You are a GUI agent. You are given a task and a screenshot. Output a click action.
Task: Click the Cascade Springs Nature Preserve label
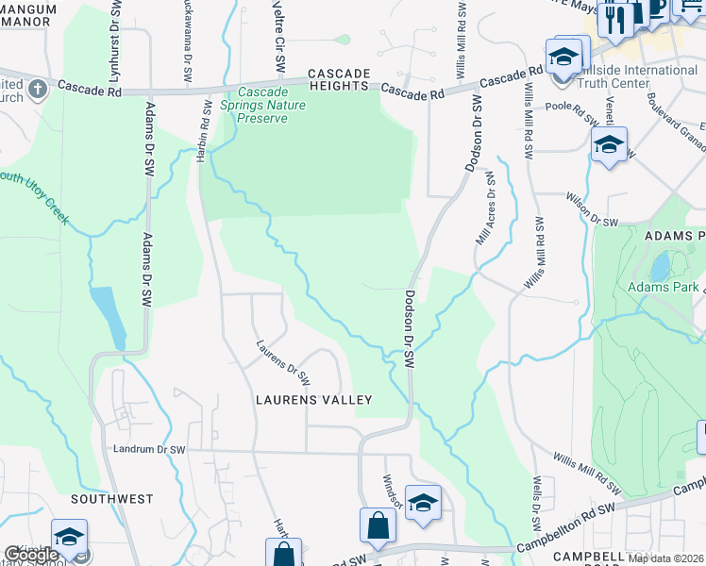(272, 105)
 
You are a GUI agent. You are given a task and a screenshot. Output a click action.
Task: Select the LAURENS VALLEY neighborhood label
(314, 400)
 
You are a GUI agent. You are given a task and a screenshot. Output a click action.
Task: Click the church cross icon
(38, 90)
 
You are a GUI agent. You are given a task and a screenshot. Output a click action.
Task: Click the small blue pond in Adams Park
(660, 265)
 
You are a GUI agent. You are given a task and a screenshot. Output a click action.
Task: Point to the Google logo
(30, 556)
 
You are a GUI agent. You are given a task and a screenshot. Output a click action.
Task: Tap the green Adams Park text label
(664, 287)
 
